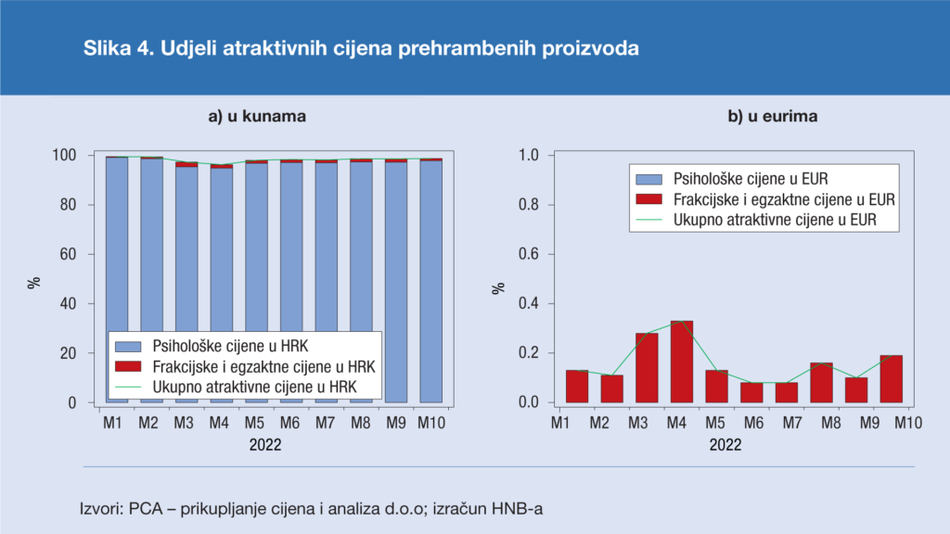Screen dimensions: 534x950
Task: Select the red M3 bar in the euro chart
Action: (x=647, y=368)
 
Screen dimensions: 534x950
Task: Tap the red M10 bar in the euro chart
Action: (x=891, y=378)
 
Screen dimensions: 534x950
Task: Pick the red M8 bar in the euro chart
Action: (x=821, y=382)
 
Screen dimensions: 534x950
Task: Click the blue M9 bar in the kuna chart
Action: (x=396, y=278)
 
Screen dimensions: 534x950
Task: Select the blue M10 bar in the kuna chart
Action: (x=430, y=278)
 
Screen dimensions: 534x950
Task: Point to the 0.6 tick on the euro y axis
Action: (x=528, y=254)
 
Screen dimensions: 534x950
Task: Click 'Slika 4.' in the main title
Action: (x=119, y=48)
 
